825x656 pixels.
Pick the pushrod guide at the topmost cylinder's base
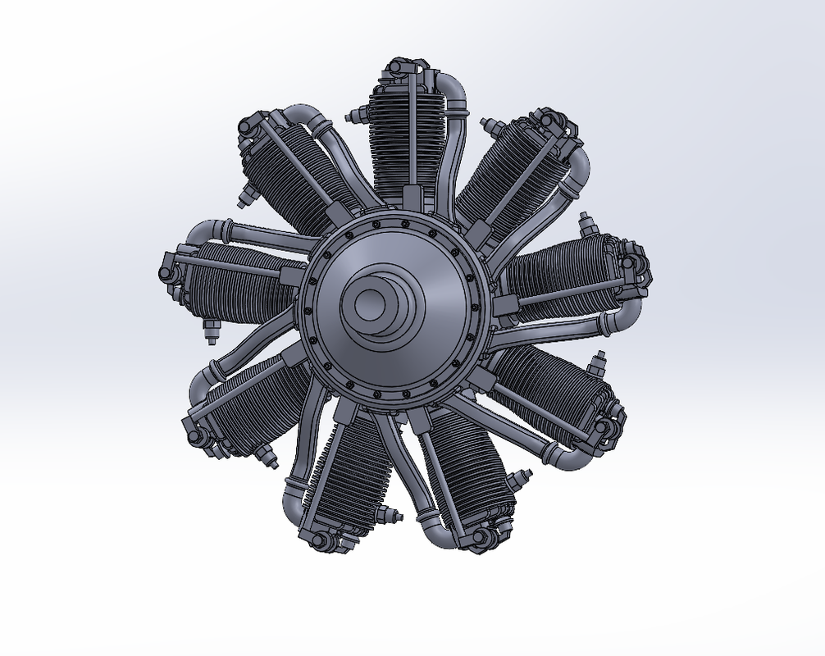pyautogui.click(x=411, y=198)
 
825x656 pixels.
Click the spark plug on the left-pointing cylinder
pyautogui.click(x=210, y=330)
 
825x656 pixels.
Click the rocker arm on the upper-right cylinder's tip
pyautogui.click(x=558, y=123)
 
